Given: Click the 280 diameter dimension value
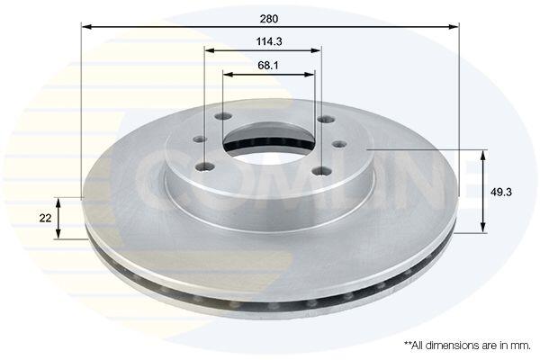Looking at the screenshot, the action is tap(269, 19).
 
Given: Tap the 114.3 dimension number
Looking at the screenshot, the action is tap(269, 41).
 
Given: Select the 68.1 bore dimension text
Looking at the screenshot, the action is tap(268, 65).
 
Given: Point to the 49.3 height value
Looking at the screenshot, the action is tap(501, 193).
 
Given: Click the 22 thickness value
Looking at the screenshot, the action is tap(45, 218).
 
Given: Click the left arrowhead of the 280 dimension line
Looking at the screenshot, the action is tap(86, 26).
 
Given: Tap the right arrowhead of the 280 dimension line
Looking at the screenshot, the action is tap(454, 26).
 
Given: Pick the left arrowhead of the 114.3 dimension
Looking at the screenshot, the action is tap(210, 50).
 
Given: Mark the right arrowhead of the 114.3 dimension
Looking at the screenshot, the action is tap(316, 50).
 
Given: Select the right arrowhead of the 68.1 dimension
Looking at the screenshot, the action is tap(310, 74).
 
